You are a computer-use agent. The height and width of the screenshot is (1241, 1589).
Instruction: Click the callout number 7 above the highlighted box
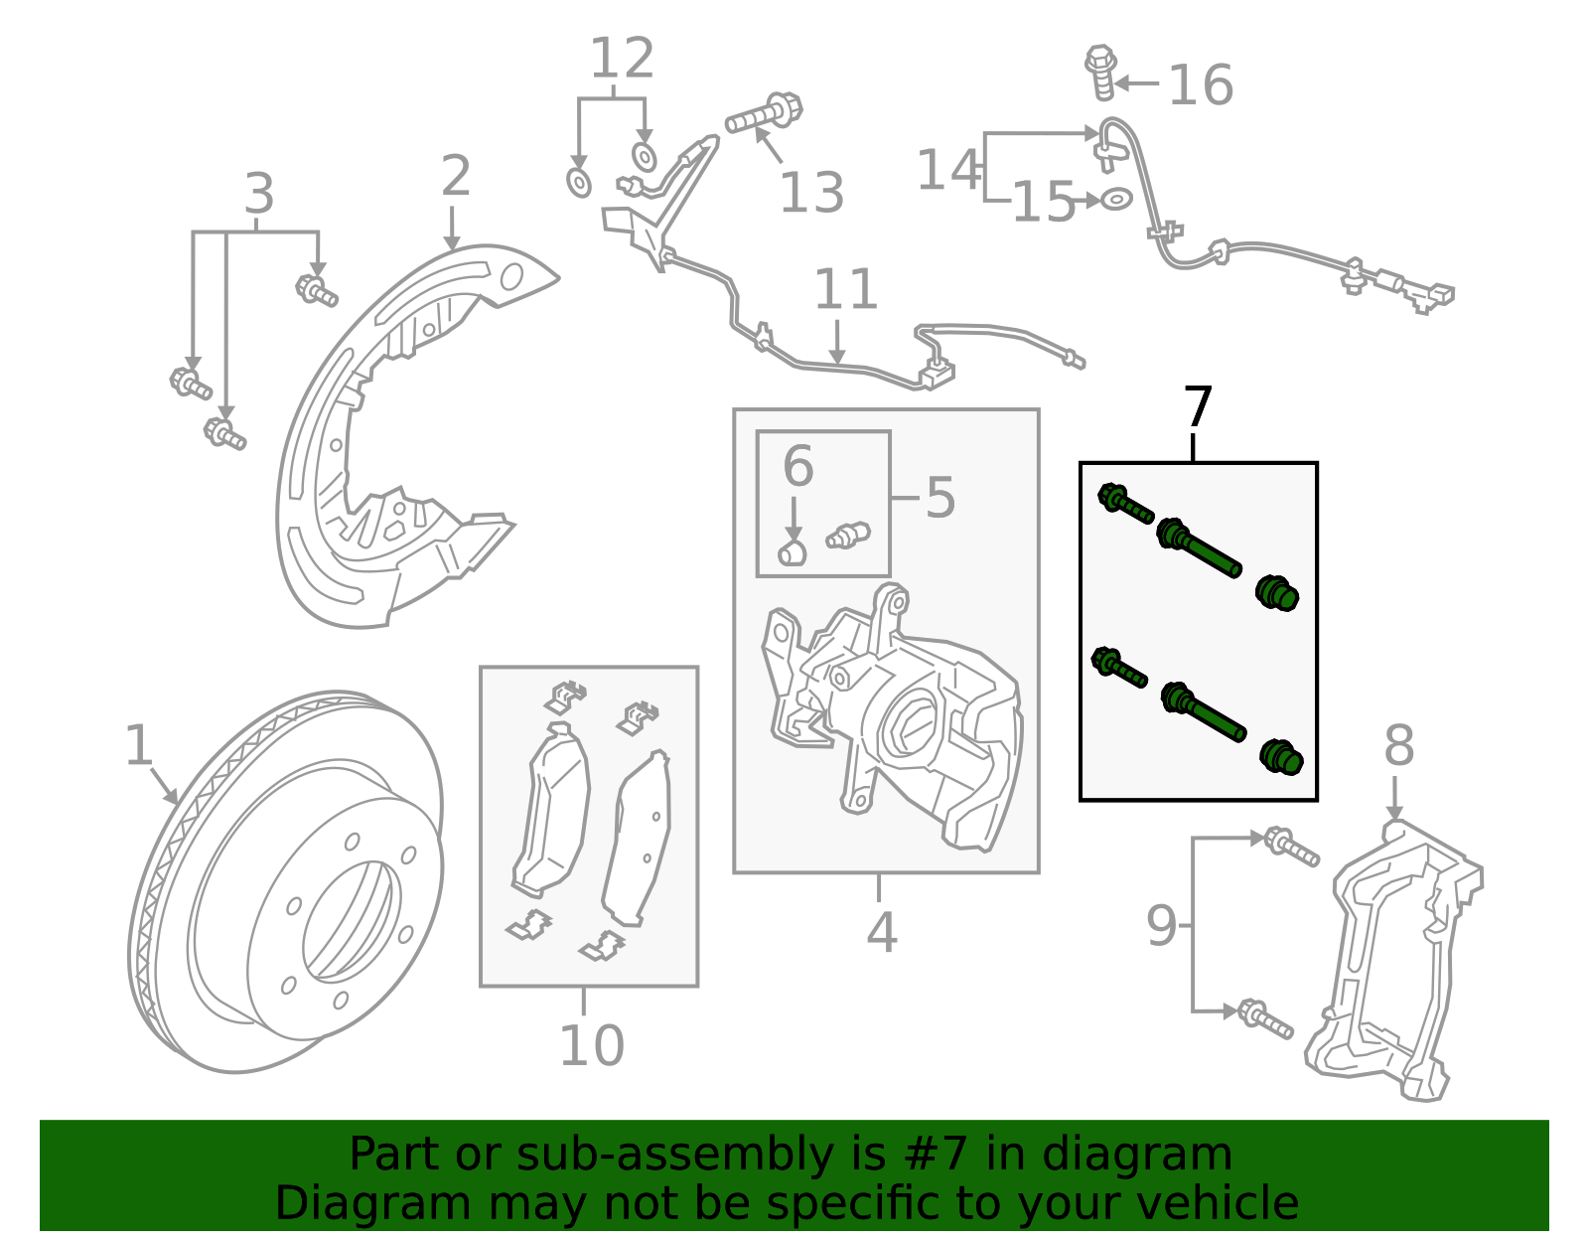pyautogui.click(x=1199, y=408)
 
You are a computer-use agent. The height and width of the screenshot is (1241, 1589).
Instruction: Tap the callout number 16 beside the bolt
pyautogui.click(x=1200, y=85)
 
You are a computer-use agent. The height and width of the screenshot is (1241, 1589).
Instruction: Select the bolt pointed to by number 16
pyautogui.click(x=1101, y=72)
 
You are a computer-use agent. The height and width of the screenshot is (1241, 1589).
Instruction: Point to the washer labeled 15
pyautogui.click(x=1116, y=199)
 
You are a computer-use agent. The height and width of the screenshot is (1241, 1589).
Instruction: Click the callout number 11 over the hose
pyautogui.click(x=845, y=290)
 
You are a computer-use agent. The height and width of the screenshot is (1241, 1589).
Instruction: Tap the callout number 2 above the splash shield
pyautogui.click(x=455, y=177)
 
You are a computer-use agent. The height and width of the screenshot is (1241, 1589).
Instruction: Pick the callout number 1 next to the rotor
pyautogui.click(x=139, y=745)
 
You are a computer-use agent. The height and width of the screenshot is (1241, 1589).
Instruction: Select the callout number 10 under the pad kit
pyautogui.click(x=592, y=1045)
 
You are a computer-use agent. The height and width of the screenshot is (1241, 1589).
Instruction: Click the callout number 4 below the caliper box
pyautogui.click(x=881, y=933)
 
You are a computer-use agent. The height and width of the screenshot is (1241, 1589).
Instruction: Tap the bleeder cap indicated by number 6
pyautogui.click(x=792, y=552)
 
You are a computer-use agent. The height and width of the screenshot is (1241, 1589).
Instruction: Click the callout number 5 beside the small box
pyautogui.click(x=939, y=497)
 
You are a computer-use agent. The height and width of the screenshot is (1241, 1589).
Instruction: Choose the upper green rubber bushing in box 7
pyautogui.click(x=1277, y=593)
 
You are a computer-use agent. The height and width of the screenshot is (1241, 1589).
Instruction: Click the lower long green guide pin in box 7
pyautogui.click(x=1203, y=712)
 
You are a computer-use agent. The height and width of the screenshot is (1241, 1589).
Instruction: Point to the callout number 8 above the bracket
pyautogui.click(x=1398, y=745)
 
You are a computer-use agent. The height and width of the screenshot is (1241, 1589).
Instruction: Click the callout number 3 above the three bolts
pyautogui.click(x=258, y=195)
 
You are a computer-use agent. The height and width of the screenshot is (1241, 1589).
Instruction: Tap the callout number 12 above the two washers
pyautogui.click(x=622, y=60)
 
